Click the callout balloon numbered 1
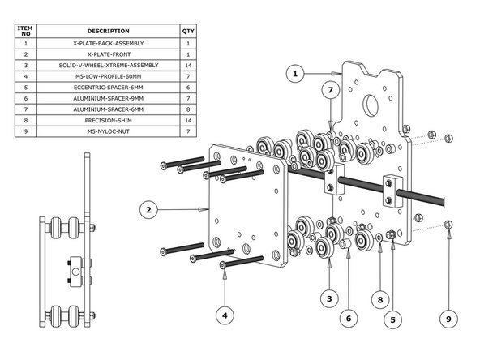tap(297, 74)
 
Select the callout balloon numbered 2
tap(147, 209)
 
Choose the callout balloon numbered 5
tap(393, 319)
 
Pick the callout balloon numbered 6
tap(348, 319)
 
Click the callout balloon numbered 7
tap(330, 92)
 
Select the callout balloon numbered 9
tap(449, 319)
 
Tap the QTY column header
tap(188, 31)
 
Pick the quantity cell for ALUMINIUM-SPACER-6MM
tap(188, 108)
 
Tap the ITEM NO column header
tap(26, 31)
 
